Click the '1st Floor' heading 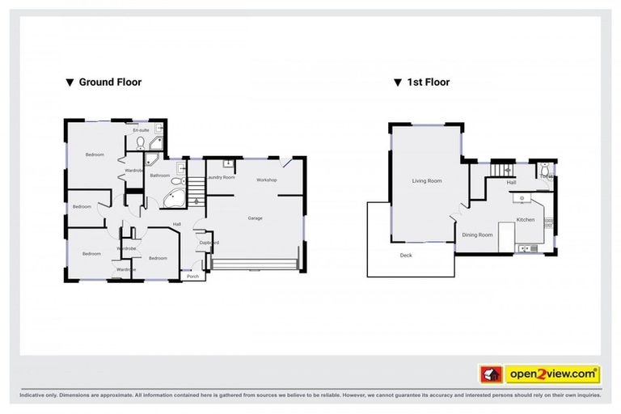(x=427, y=82)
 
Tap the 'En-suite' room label (x=141, y=129)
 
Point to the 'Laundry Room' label (x=221, y=177)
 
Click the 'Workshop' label (x=267, y=179)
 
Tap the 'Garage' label (x=255, y=218)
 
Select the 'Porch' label (x=192, y=277)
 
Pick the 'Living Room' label (x=426, y=181)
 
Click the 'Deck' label (x=406, y=256)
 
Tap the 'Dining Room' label (x=477, y=234)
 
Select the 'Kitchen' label (x=526, y=219)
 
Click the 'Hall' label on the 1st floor (x=511, y=183)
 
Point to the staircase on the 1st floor (x=505, y=169)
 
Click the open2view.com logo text (x=552, y=374)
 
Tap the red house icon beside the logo (x=490, y=374)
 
